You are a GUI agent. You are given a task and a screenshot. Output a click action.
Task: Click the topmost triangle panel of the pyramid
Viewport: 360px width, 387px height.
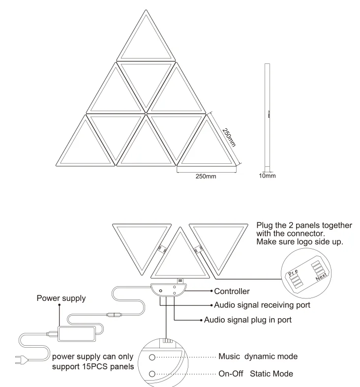(146, 42)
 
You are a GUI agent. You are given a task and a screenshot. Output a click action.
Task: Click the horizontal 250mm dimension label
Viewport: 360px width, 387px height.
(206, 176)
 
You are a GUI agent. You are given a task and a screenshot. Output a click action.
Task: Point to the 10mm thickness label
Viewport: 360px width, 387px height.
(268, 176)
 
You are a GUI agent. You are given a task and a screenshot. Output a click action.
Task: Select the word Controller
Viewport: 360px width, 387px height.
(232, 292)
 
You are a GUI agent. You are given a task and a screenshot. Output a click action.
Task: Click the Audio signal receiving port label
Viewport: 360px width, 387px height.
(262, 305)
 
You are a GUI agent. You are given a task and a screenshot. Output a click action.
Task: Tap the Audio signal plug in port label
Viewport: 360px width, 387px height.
(248, 320)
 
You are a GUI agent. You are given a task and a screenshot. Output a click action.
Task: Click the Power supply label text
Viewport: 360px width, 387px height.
(61, 298)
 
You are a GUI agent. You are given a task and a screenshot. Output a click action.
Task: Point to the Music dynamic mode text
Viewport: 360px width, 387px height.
(258, 357)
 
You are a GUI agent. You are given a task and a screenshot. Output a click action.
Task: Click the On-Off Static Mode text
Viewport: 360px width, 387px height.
(256, 374)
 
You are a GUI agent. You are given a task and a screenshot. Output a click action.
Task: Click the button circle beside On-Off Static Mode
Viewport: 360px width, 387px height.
(152, 374)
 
